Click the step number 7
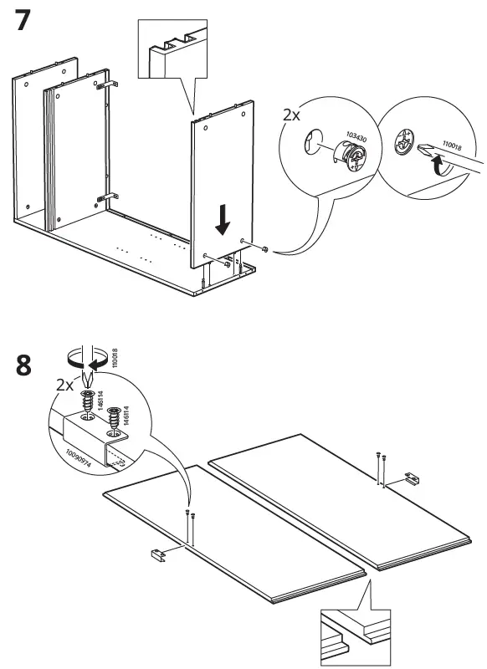tap(25, 22)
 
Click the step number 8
tap(25, 366)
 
